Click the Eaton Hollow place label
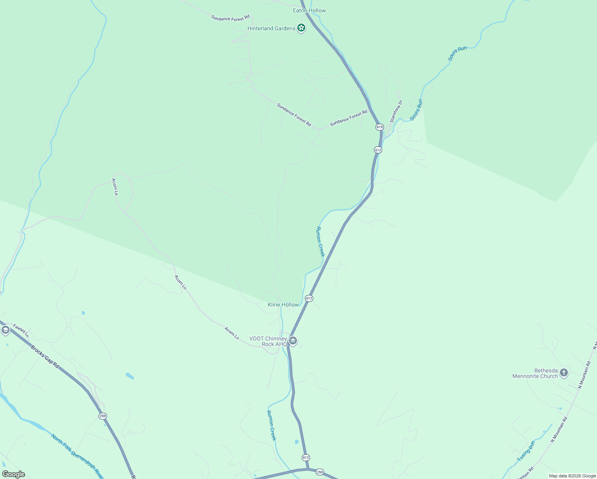(x=309, y=10)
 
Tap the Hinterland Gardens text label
(x=271, y=28)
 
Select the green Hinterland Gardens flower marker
(x=301, y=28)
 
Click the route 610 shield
(x=379, y=127)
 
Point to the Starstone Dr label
(x=396, y=111)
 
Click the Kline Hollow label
(x=283, y=305)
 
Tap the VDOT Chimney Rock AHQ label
(x=268, y=341)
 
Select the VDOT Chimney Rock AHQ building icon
(x=293, y=341)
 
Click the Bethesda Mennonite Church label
(x=535, y=373)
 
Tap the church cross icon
(x=563, y=373)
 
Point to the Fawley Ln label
(x=21, y=331)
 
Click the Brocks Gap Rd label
(x=45, y=356)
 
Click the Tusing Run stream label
(x=526, y=451)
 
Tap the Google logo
(x=13, y=474)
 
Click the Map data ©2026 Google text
(x=572, y=476)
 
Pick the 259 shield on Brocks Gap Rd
(x=103, y=416)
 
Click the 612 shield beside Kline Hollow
(x=309, y=298)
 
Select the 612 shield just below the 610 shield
(x=378, y=150)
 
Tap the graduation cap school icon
(x=5, y=330)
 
